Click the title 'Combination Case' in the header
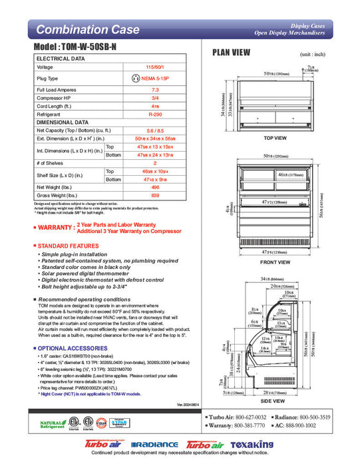[x=87, y=30]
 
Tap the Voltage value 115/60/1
[x=154, y=67]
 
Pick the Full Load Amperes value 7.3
[x=154, y=89]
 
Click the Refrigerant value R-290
[x=154, y=114]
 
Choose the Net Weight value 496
[x=154, y=187]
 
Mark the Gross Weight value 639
[x=154, y=196]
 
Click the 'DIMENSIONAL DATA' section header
[x=63, y=122]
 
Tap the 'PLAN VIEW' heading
[x=231, y=53]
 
